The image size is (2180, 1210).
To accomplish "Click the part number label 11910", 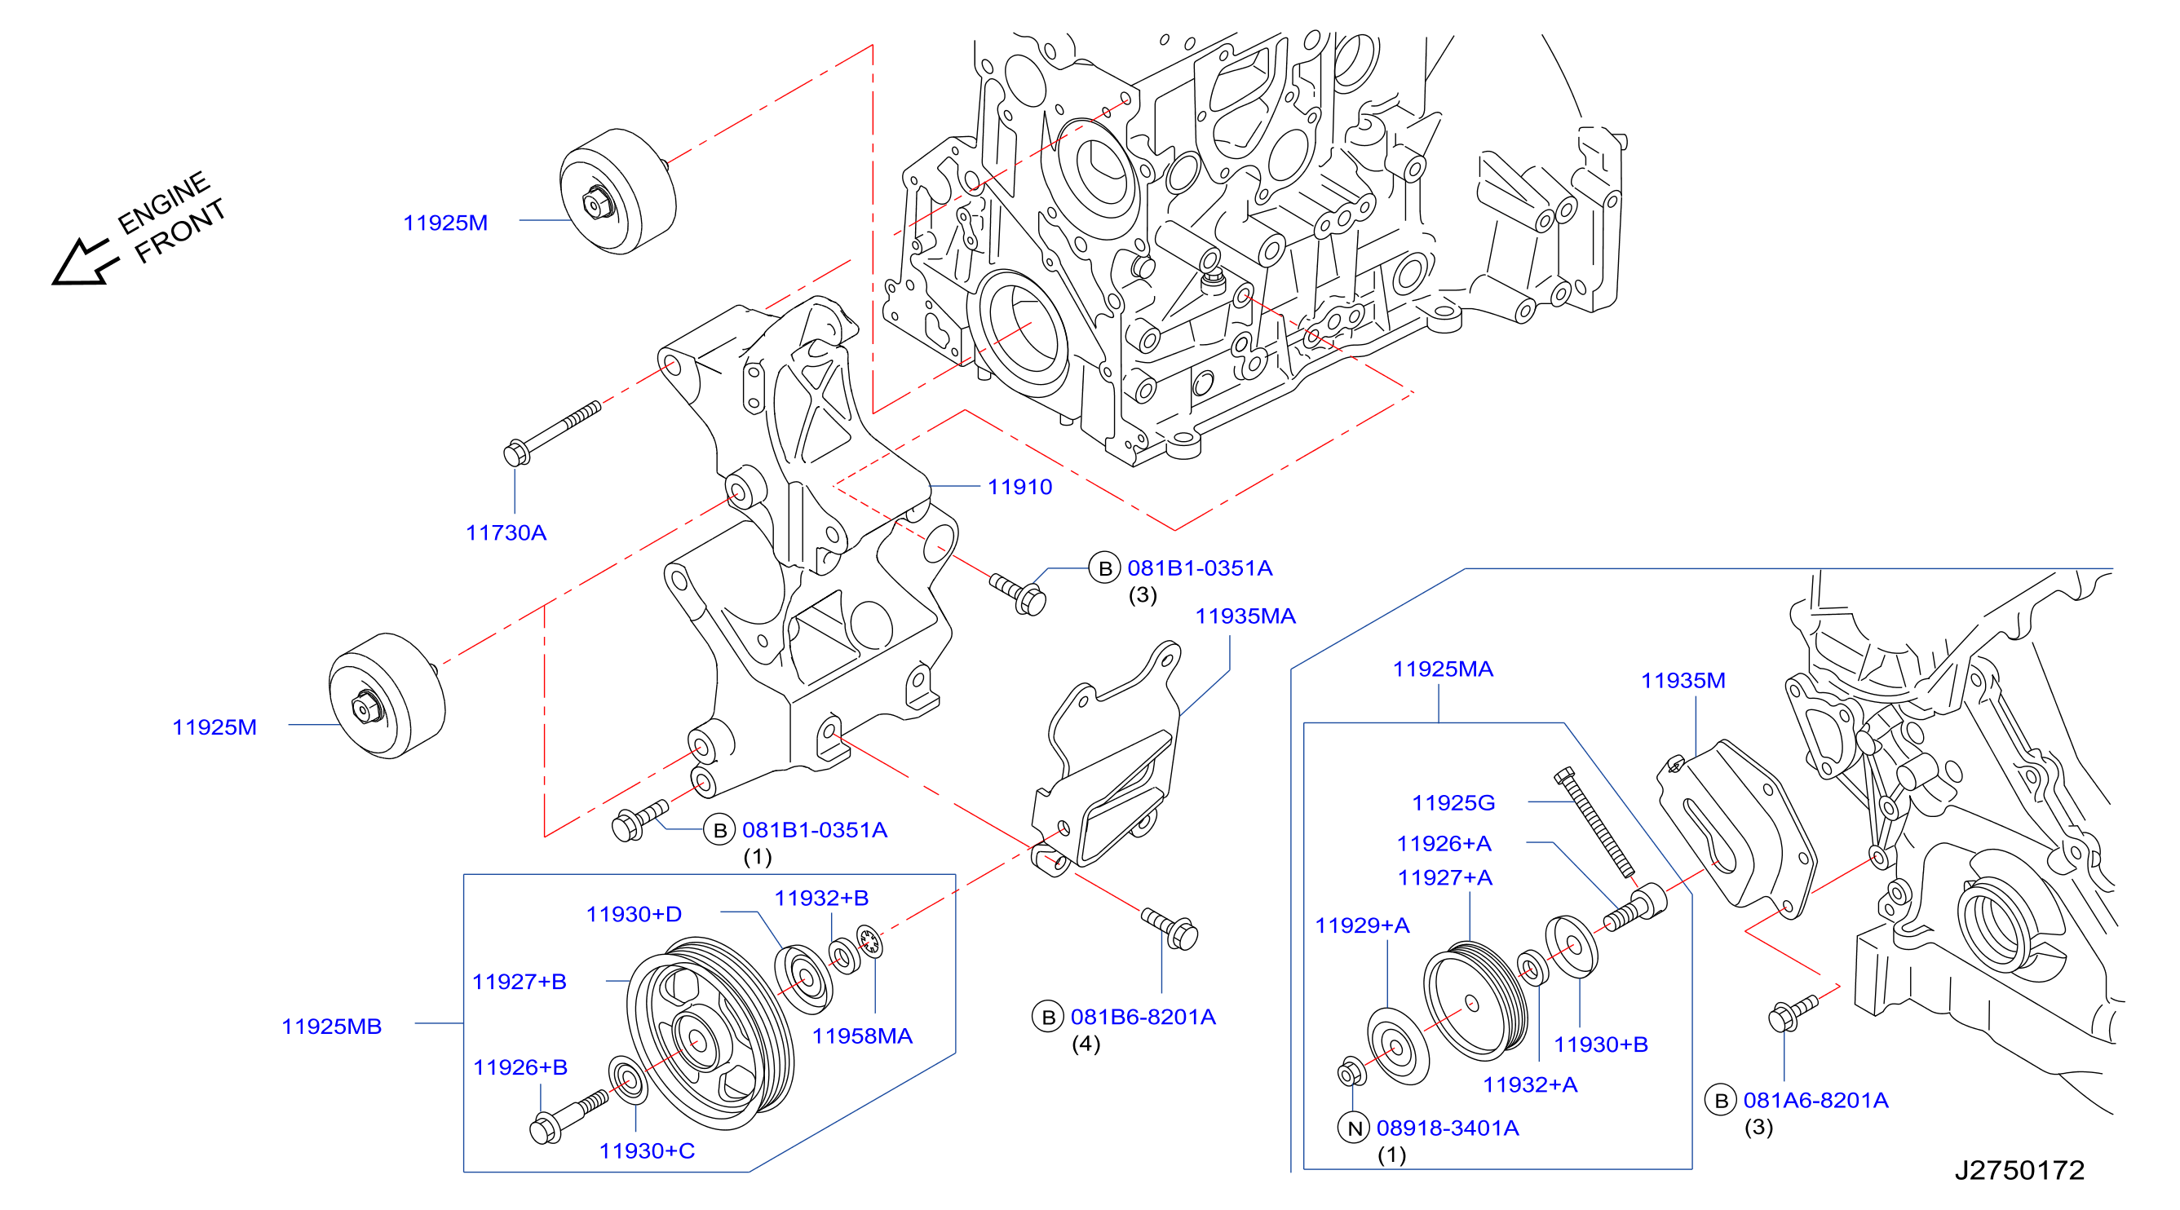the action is pos(1019,487).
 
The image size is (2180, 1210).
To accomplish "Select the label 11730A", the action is pos(506,532).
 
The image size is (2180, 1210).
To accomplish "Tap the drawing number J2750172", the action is pos(2019,1169).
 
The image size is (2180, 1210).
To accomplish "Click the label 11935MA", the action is pos(1245,616).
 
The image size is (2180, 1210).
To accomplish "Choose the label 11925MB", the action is pos(332,1027).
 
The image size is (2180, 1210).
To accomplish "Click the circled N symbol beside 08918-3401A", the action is pos(1354,1128).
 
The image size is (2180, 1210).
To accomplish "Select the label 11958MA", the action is pos(862,1036).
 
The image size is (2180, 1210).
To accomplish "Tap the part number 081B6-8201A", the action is pos(1143,1016).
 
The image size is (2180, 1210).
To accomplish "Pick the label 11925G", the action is pos(1453,802).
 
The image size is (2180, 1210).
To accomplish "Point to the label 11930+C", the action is pos(648,1150).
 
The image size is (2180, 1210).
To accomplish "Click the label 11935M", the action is pos(1683,680).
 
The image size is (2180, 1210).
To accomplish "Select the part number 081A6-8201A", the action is pos(1816,1100).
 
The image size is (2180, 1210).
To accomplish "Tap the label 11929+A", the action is pos(1363,925).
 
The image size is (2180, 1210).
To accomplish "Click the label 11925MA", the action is pos(1443,669).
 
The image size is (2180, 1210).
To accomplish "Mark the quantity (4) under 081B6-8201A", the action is pos(1086,1044).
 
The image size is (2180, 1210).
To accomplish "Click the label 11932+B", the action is pos(822,898).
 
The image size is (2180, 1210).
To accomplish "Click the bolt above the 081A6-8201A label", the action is pos(1793,1013).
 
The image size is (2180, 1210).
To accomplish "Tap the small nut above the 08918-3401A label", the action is pos(1351,1072).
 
